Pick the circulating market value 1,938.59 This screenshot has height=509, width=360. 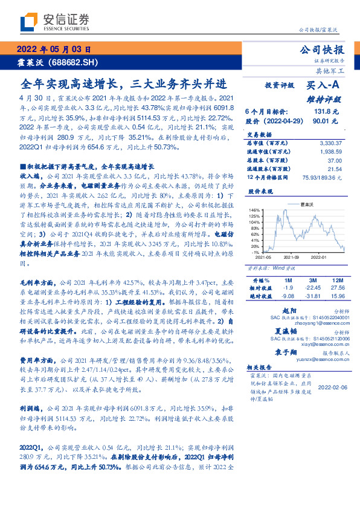(330, 151)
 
